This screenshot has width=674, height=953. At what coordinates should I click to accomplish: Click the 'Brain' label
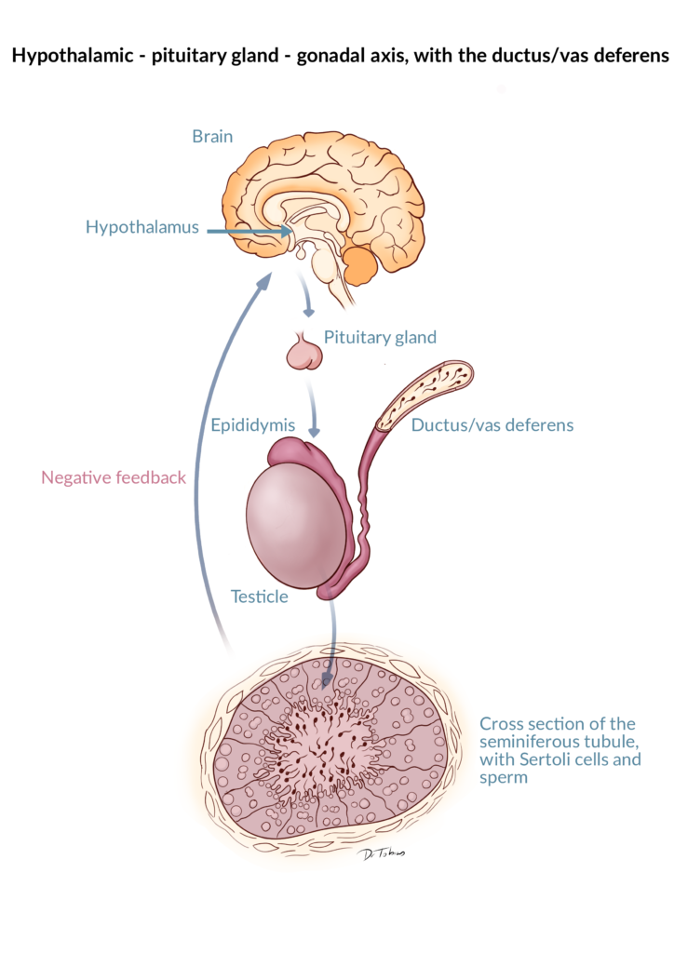coord(212,136)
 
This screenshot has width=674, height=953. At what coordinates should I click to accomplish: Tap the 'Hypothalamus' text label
coord(142,227)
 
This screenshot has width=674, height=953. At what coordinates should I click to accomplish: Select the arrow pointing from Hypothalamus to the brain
coord(249,231)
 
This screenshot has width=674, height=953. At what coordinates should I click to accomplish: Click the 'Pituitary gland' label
coord(380,337)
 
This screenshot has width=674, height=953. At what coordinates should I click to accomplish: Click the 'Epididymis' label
coord(253,424)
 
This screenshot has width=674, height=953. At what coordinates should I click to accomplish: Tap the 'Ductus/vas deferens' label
coord(492,424)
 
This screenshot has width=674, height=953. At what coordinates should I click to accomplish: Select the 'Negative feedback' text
coord(114,477)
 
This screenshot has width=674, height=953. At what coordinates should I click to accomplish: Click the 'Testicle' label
coord(260,597)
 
